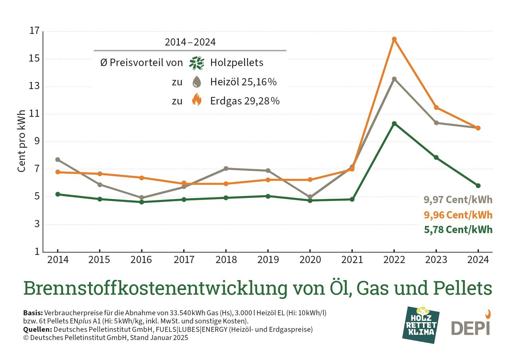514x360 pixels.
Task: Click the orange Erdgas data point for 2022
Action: click(x=394, y=39)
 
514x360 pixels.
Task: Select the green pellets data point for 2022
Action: click(x=394, y=123)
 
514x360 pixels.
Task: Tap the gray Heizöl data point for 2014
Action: click(x=57, y=160)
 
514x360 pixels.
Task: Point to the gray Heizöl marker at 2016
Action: click(x=142, y=198)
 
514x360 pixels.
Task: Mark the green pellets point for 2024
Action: click(x=478, y=186)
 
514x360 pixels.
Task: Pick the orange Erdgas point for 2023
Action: click(x=436, y=107)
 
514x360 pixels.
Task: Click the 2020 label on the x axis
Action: click(x=310, y=260)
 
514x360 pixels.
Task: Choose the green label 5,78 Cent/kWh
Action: click(x=458, y=230)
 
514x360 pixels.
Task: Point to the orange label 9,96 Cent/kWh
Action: click(x=458, y=215)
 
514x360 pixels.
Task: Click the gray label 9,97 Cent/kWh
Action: click(x=458, y=200)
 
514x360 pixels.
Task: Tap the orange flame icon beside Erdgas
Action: click(x=196, y=100)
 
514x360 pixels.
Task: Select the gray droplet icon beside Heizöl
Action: click(x=196, y=82)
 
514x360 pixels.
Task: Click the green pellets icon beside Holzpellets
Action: click(x=196, y=63)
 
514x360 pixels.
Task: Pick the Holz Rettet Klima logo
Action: click(x=422, y=325)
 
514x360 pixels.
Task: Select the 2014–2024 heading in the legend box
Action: click(x=190, y=42)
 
